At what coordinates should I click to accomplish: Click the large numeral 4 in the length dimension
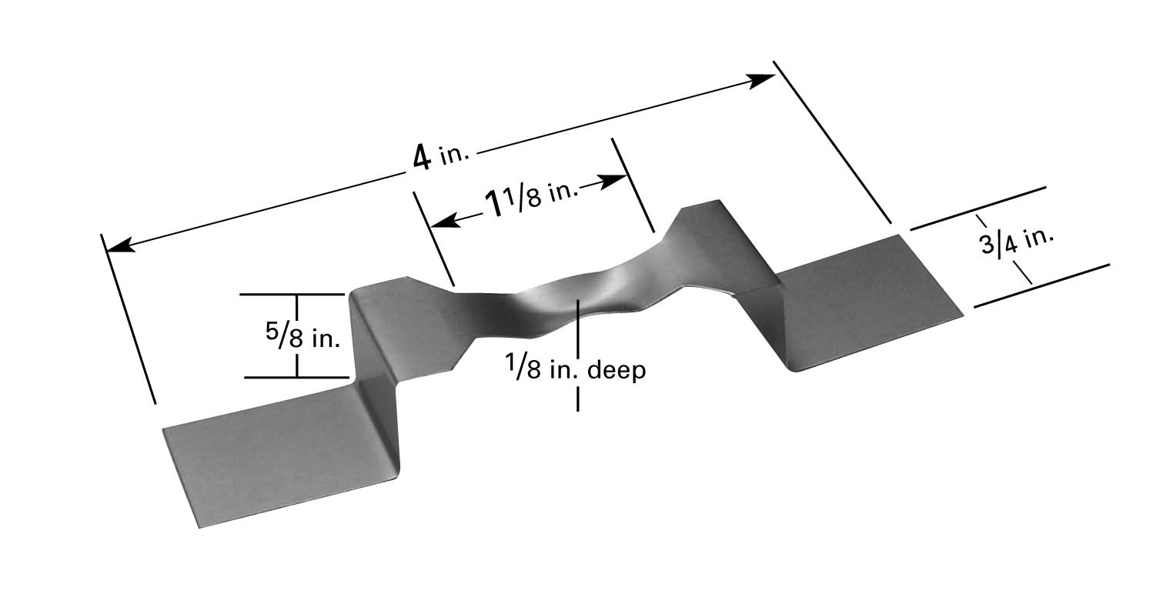click(x=420, y=158)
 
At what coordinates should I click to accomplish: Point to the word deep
click(x=616, y=371)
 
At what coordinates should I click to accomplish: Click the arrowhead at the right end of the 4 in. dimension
click(x=762, y=79)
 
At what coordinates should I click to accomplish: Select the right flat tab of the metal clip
click(x=862, y=300)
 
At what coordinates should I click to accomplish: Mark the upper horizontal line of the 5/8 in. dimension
click(x=292, y=294)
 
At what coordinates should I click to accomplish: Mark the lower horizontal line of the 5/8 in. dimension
click(x=296, y=377)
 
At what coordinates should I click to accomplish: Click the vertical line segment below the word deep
click(x=577, y=396)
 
